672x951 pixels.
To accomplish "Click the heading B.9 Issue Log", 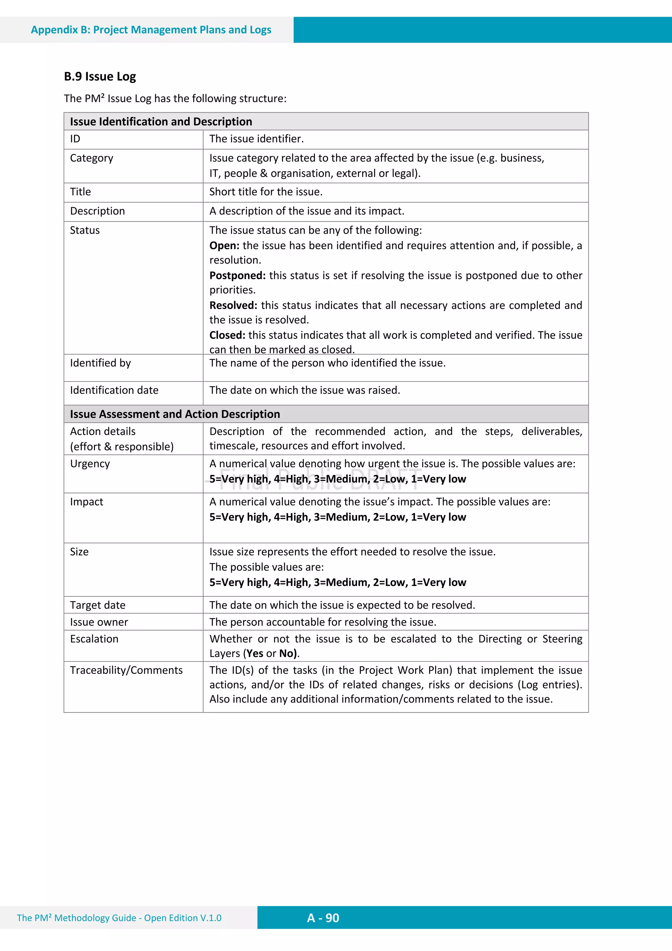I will pyautogui.click(x=100, y=76).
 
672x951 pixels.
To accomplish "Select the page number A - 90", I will pyautogui.click(x=323, y=918).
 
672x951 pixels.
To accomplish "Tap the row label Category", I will pyautogui.click(x=92, y=158).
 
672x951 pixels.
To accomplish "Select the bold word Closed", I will pyautogui.click(x=227, y=335).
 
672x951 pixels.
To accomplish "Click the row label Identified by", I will pyautogui.click(x=100, y=363).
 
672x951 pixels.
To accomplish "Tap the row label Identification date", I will pyautogui.click(x=114, y=391).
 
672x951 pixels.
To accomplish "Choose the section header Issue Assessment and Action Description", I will pyautogui.click(x=175, y=414).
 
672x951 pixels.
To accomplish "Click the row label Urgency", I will pyautogui.click(x=90, y=464).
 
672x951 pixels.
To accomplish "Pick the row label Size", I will pyautogui.click(x=79, y=552).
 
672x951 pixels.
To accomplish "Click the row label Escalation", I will pyautogui.click(x=94, y=639).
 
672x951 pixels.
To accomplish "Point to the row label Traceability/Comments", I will pyautogui.click(x=126, y=671).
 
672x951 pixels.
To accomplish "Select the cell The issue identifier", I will pyautogui.click(x=256, y=139).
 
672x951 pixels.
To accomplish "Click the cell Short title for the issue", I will pyautogui.click(x=266, y=192).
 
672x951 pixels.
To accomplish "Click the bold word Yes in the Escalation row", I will pyautogui.click(x=255, y=654).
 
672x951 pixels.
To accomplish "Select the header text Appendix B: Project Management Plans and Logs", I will pyautogui.click(x=151, y=30).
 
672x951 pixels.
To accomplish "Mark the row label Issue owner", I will pyautogui.click(x=99, y=622).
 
